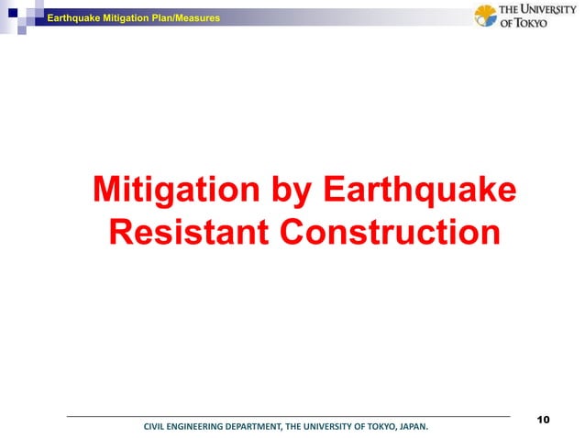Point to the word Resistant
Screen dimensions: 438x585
[x=188, y=231]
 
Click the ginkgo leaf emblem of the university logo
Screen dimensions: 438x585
[x=486, y=16]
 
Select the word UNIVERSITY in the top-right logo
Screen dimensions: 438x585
[x=547, y=10]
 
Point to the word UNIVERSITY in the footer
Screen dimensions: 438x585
[x=326, y=426]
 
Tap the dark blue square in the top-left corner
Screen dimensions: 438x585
[x=12, y=12]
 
